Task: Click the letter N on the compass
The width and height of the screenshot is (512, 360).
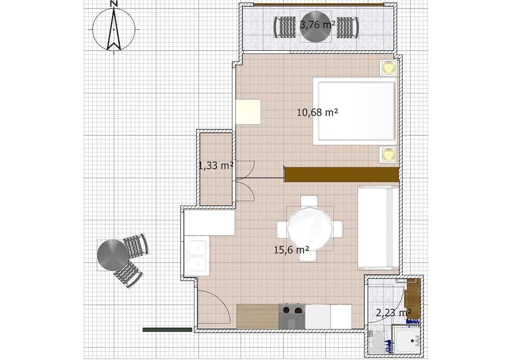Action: [x=114, y=4]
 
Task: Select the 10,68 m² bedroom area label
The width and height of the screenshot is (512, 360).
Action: [x=317, y=112]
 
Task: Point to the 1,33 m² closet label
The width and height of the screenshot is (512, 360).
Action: [x=216, y=165]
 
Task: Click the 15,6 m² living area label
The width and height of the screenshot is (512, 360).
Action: [x=291, y=250]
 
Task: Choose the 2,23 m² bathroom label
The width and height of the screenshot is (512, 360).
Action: [x=393, y=312]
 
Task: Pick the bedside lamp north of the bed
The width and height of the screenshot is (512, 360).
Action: [x=389, y=68]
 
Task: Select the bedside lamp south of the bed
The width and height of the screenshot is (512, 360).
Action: [x=389, y=154]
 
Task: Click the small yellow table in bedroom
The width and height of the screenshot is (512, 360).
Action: [x=248, y=112]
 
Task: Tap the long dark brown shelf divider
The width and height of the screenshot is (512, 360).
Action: [x=342, y=174]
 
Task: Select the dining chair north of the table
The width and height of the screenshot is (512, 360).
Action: [x=309, y=201]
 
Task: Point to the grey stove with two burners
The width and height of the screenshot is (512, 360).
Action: [x=292, y=316]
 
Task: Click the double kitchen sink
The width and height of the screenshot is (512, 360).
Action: [x=197, y=256]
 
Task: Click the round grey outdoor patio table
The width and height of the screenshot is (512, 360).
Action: [x=113, y=255]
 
